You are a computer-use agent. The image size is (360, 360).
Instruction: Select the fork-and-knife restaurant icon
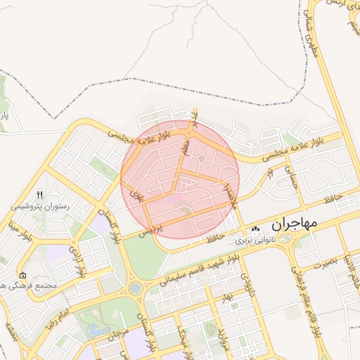tap(39, 195)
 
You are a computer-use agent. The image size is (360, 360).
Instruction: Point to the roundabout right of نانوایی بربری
tap(285, 240)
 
